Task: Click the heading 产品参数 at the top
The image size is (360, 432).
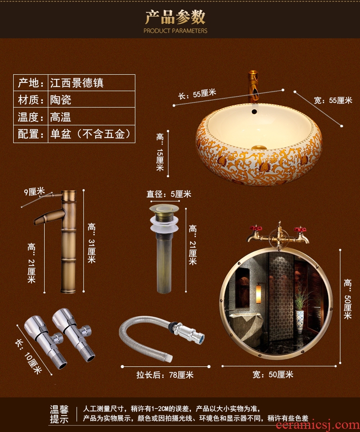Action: click(x=175, y=17)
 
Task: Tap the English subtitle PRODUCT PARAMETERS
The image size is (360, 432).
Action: click(x=175, y=31)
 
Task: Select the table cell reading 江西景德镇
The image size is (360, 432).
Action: click(x=77, y=83)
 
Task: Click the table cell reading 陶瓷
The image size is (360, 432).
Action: click(x=61, y=100)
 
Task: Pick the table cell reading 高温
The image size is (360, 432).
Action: click(x=61, y=117)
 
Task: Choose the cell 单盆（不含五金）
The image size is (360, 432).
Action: click(x=90, y=134)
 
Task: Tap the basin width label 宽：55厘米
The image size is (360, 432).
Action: click(x=333, y=100)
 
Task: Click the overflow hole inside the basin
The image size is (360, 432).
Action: click(x=254, y=112)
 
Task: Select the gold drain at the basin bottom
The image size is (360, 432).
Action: click(x=259, y=148)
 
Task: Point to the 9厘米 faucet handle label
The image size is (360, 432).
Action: click(x=34, y=191)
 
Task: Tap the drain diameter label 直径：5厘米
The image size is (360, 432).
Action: click(x=169, y=194)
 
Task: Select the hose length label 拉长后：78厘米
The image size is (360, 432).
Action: click(x=165, y=375)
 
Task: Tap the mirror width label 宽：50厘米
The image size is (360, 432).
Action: click(x=273, y=375)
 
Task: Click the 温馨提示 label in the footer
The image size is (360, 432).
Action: click(x=59, y=414)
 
